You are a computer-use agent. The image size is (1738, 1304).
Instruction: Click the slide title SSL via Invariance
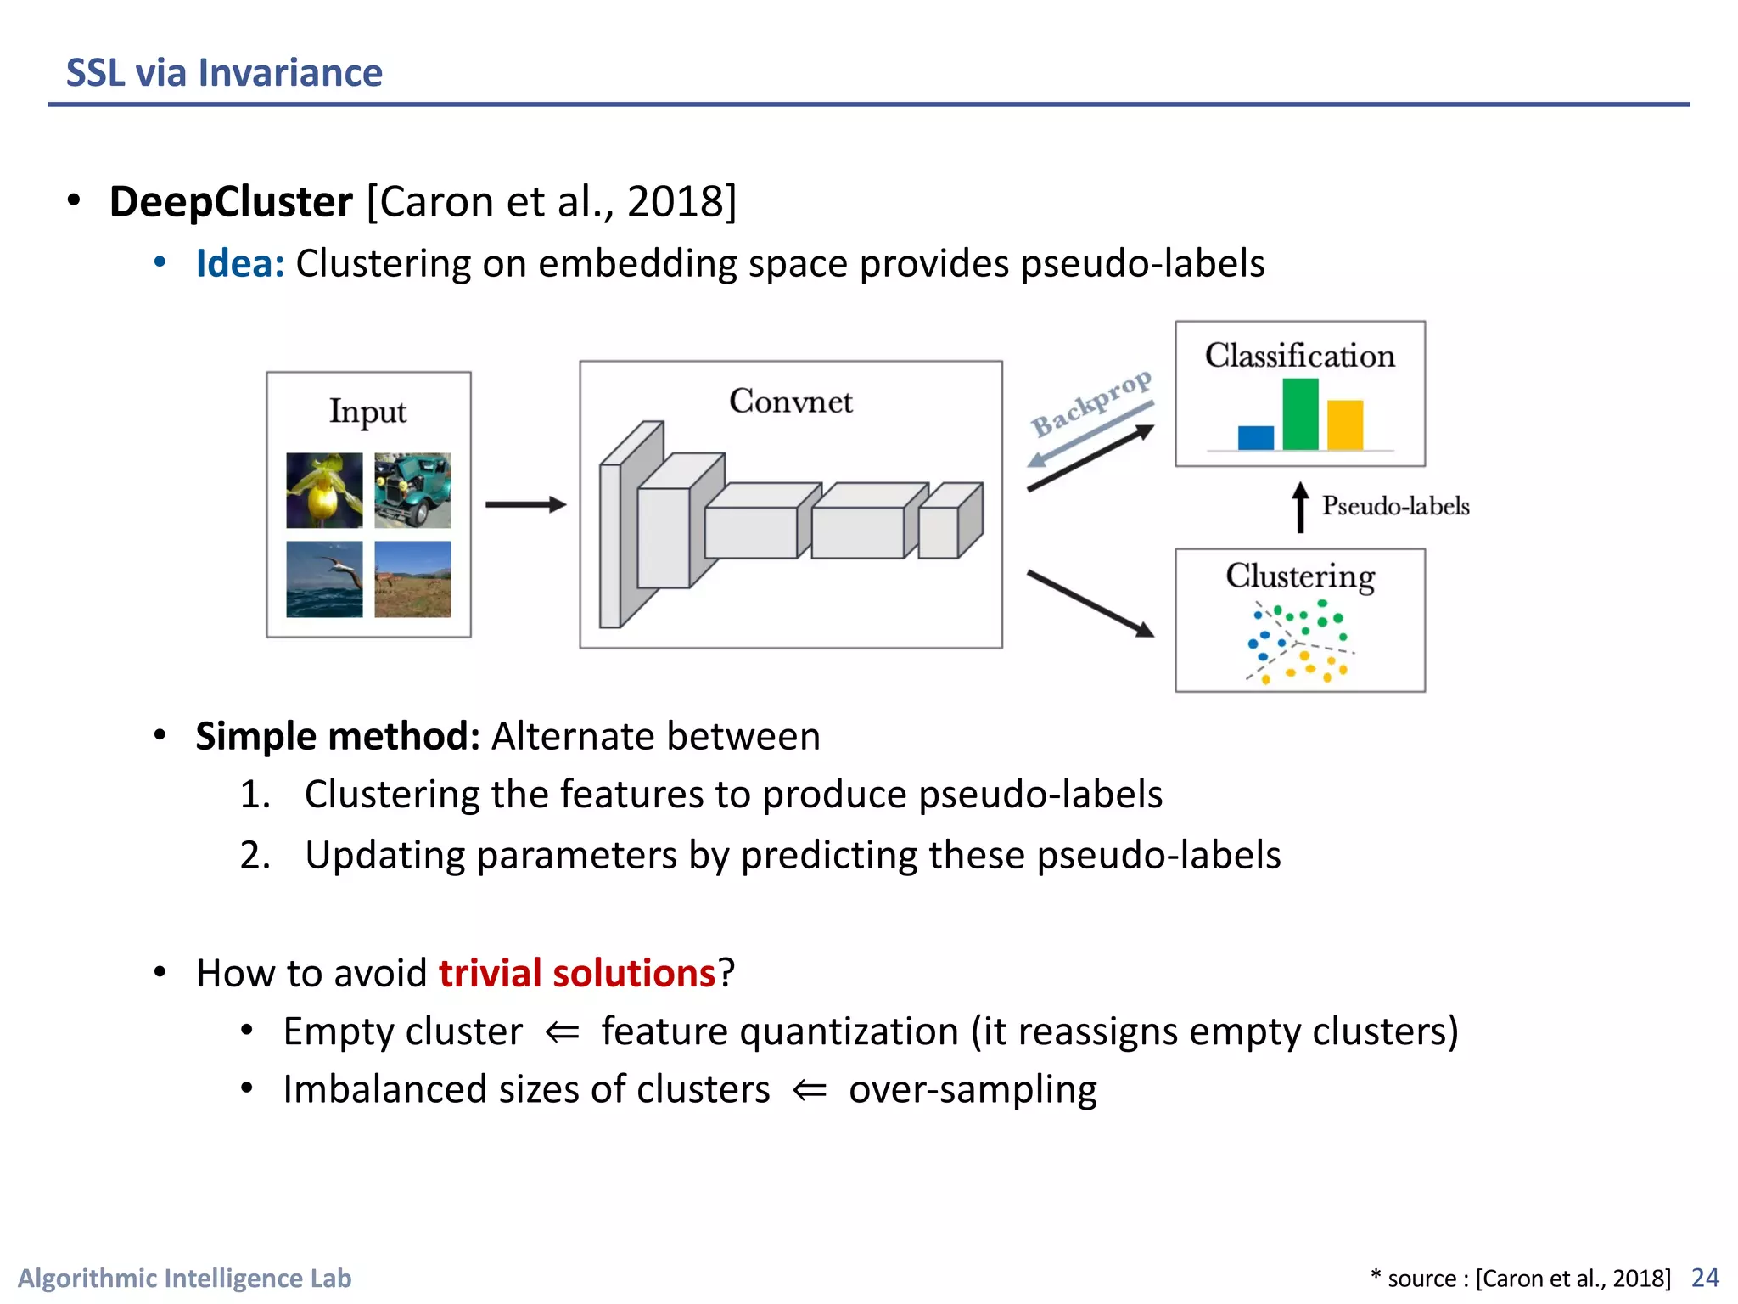224,73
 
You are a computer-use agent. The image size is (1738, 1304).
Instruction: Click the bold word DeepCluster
231,202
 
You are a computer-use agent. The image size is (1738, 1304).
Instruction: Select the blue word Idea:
240,264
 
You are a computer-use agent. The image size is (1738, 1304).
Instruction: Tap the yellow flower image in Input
324,491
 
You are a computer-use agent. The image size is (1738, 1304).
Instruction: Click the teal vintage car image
412,491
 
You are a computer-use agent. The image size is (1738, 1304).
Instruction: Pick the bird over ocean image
324,579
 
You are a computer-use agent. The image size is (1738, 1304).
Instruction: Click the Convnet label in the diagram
790,402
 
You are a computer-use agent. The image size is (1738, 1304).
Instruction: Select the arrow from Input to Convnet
524,504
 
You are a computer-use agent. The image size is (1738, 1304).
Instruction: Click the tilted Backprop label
1091,402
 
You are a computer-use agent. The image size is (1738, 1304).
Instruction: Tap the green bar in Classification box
1300,414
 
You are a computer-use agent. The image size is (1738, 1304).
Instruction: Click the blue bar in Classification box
1255,437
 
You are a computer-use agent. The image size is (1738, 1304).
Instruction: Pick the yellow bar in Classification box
1345,424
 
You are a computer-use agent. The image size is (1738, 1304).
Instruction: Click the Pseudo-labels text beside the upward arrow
1395,507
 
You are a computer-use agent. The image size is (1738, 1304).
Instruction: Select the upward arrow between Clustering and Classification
1300,508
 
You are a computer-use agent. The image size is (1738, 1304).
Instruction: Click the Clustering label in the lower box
1300,576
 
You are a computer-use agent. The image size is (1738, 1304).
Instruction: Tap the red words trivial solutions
577,973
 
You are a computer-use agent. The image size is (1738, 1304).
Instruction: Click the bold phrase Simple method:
338,736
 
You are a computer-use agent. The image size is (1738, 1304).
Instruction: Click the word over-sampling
973,1089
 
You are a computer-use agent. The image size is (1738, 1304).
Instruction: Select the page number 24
1705,1278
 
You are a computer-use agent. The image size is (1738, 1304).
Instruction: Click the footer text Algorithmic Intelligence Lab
185,1279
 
